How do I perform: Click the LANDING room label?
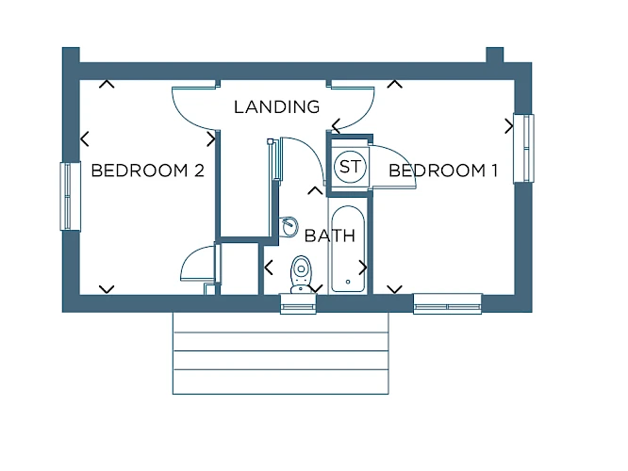tap(276, 106)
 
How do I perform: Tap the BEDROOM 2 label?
tap(148, 171)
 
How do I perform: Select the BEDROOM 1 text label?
tap(443, 171)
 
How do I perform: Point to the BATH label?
tap(330, 235)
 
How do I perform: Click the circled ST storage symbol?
tap(350, 167)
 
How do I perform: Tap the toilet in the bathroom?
tap(301, 274)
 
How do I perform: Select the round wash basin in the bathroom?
tap(289, 227)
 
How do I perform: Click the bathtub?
tap(348, 249)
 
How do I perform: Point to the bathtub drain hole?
tap(348, 282)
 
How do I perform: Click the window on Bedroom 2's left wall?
tap(70, 196)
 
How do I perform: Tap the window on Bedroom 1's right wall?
tap(524, 149)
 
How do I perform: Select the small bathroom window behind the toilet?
tap(298, 304)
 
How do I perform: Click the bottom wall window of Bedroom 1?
tap(447, 304)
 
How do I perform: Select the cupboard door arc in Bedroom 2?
tap(191, 256)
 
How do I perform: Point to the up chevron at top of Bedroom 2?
tap(107, 84)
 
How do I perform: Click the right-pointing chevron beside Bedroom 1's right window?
tap(509, 126)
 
